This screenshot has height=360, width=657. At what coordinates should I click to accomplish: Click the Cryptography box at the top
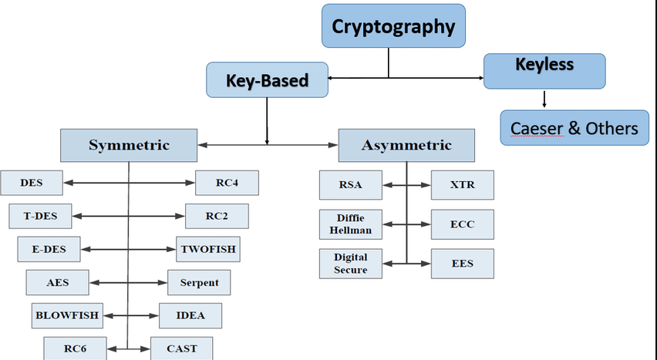pyautogui.click(x=393, y=25)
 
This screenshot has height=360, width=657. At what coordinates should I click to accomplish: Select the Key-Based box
pyautogui.click(x=267, y=80)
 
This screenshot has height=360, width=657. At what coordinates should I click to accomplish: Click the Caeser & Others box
pyautogui.click(x=574, y=127)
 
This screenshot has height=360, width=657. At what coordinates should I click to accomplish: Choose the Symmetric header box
pyautogui.click(x=129, y=145)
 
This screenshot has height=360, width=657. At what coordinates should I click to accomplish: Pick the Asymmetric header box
pyautogui.click(x=406, y=145)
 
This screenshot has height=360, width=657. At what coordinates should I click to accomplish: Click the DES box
pyautogui.click(x=32, y=183)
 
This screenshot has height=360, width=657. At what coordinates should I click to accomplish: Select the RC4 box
pyautogui.click(x=227, y=183)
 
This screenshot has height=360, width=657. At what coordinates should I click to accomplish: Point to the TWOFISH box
pyautogui.click(x=208, y=249)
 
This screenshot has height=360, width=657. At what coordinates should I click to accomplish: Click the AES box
pyautogui.click(x=57, y=282)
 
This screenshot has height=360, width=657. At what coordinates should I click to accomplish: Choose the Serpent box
pyautogui.click(x=199, y=282)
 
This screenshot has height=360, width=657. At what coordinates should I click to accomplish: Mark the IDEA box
pyautogui.click(x=190, y=315)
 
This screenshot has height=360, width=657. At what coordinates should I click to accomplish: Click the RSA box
pyautogui.click(x=349, y=185)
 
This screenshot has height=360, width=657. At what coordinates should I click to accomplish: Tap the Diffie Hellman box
pyautogui.click(x=349, y=224)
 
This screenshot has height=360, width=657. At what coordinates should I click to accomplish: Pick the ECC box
pyautogui.click(x=462, y=224)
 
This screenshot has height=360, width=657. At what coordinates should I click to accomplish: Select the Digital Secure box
pyautogui.click(x=349, y=264)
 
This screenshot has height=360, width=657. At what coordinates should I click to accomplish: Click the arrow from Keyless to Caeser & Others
pyautogui.click(x=544, y=99)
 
